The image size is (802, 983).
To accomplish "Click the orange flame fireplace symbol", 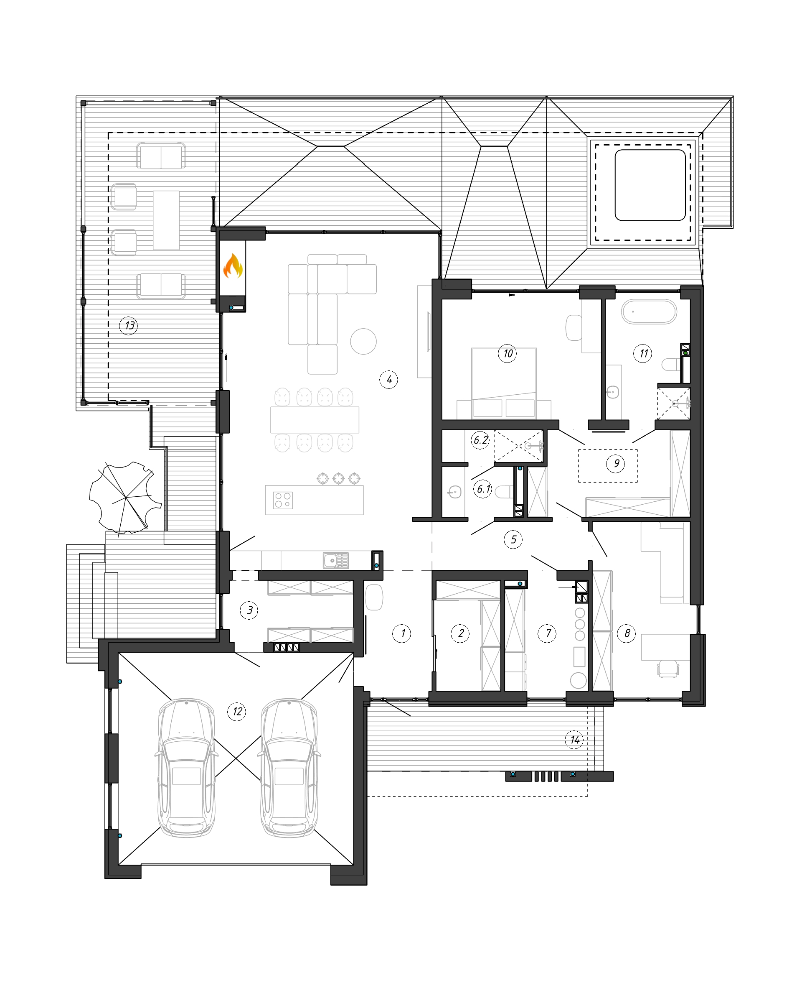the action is [233, 266].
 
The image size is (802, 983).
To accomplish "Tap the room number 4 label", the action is [388, 380].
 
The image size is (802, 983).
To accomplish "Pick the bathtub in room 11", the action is [649, 312].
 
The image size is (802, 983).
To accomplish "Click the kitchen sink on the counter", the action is [336, 560].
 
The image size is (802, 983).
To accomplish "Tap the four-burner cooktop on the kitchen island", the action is [283, 500].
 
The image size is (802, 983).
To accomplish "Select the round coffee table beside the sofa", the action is [363, 341].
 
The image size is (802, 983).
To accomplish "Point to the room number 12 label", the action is [236, 712].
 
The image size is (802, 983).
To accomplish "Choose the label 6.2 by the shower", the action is [480, 440].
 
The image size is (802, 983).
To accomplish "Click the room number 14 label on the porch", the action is [574, 740].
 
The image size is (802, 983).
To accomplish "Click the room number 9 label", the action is [616, 463].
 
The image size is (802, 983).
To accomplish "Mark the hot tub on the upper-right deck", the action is [650, 185].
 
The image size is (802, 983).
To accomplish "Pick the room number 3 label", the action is [249, 610].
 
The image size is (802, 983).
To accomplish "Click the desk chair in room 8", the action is [668, 669].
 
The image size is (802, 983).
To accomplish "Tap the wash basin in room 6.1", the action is [454, 492].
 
